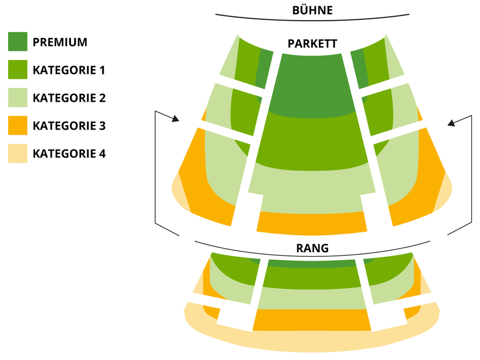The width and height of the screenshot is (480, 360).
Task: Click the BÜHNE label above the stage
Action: [x=312, y=10]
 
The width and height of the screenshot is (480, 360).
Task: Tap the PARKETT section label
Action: [x=312, y=44]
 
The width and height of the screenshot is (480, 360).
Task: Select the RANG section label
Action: [x=312, y=248]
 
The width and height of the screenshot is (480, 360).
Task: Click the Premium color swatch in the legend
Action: [x=18, y=42]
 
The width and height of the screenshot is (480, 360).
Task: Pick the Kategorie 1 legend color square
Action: [x=18, y=69]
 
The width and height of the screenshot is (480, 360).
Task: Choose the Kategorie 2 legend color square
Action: [x=18, y=97]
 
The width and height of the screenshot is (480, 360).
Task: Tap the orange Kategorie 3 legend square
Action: [x=18, y=125]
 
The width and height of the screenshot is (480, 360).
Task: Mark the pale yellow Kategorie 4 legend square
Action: [x=18, y=153]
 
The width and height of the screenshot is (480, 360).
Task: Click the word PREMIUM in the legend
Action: [x=60, y=42]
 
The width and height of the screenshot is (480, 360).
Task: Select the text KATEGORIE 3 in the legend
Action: [x=69, y=126]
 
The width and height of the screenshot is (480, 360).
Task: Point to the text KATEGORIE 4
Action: [x=69, y=154]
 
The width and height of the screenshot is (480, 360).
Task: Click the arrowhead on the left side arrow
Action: [x=175, y=119]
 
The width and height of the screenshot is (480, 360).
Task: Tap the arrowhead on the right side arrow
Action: [x=451, y=123]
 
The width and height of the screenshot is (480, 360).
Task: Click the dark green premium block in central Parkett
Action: [x=312, y=85]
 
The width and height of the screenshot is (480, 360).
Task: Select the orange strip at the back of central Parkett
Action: [x=312, y=223]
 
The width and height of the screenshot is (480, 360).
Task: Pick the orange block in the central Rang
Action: [x=312, y=319]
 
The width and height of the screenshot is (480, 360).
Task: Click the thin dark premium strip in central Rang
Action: [x=312, y=264]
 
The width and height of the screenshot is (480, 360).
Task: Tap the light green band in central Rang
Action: [x=312, y=298]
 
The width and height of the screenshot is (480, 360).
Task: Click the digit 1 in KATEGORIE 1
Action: [x=102, y=70]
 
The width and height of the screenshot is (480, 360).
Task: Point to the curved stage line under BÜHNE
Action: [x=312, y=21]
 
